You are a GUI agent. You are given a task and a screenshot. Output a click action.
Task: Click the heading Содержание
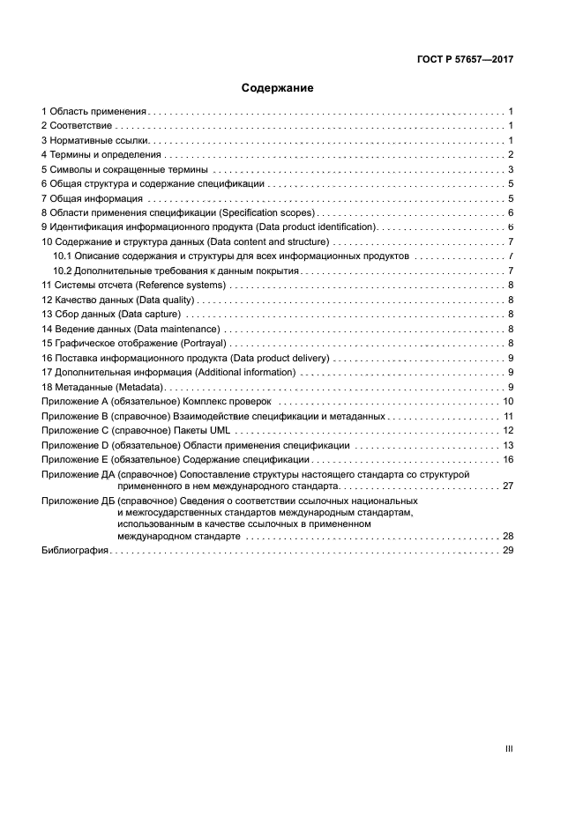277,88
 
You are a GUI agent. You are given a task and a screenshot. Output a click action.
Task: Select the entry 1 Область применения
94,112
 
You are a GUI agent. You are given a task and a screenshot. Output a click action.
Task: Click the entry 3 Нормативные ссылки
95,141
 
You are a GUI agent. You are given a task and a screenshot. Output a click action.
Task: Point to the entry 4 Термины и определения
101,155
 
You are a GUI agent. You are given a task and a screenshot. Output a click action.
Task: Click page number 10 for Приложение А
508,401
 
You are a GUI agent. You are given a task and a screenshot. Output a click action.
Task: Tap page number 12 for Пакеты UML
508,430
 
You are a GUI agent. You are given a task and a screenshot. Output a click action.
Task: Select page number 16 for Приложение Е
508,459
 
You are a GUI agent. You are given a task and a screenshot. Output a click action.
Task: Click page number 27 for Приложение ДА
508,486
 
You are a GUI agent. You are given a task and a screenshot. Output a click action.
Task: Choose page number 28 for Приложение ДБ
508,536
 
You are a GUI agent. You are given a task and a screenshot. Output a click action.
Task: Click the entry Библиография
75,550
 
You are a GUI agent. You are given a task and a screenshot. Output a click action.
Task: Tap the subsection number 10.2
62,271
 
